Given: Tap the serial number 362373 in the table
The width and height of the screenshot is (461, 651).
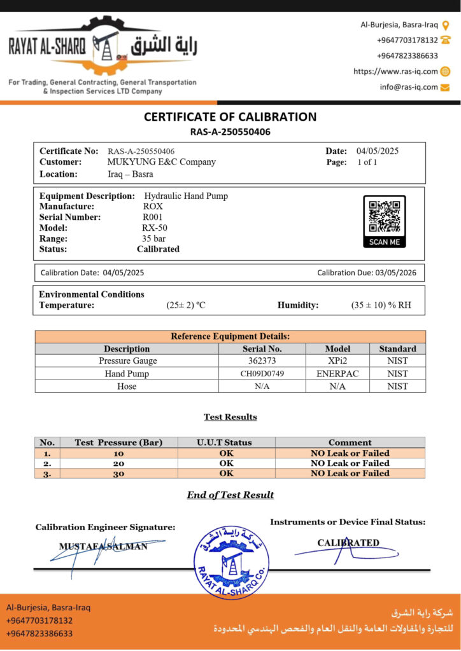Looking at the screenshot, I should point(262,361).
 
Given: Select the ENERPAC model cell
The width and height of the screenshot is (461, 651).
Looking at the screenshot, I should point(337,374).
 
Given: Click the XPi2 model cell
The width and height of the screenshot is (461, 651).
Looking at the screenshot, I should point(337,361).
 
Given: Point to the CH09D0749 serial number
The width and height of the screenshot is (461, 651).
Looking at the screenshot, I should point(262,374).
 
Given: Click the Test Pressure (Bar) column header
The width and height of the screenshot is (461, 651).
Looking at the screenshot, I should point(118,442).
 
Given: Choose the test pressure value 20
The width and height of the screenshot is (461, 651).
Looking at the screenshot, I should point(118,463).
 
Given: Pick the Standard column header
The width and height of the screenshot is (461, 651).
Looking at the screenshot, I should point(397,349).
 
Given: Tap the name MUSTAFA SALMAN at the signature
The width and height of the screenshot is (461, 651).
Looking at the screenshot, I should point(103,546).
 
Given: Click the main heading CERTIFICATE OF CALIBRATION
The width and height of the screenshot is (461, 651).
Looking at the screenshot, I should point(230,117).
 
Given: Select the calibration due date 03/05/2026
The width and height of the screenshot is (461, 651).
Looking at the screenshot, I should point(395,273).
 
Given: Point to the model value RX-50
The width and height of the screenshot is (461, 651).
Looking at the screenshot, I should point(155,228).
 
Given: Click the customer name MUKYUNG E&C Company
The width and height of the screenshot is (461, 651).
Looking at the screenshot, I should point(161,162).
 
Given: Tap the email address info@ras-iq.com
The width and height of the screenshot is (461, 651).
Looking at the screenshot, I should point(409,87).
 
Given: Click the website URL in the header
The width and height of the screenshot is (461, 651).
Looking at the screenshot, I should point(395,71).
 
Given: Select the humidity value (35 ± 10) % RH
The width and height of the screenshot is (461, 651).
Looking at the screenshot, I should point(381,305).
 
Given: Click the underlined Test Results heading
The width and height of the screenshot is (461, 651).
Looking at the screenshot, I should point(230,417).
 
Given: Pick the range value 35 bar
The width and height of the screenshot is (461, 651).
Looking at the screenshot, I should point(153,238).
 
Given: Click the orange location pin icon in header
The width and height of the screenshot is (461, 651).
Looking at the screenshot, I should point(446,25).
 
